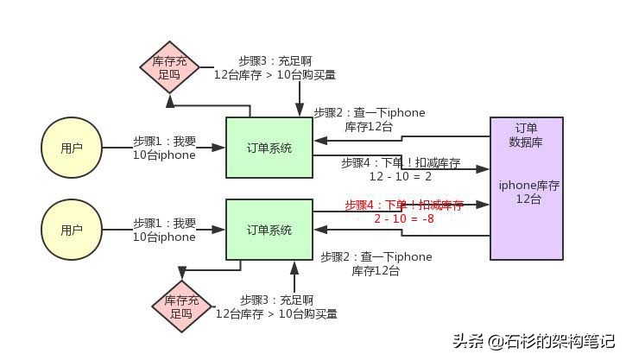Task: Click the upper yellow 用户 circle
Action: (72, 148)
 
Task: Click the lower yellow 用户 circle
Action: (72, 231)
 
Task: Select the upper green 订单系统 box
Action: (269, 148)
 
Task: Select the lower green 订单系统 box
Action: (269, 230)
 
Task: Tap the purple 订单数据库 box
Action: (526, 188)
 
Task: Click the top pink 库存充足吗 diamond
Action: (169, 68)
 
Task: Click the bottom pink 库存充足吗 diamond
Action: (181, 306)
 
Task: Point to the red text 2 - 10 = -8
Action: (403, 219)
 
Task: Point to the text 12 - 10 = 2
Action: (400, 176)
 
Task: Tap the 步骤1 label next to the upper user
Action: (164, 148)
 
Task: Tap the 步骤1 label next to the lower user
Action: (164, 230)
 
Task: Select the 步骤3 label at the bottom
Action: (275, 306)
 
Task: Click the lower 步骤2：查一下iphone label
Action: (376, 263)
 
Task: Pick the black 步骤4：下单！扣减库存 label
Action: (400, 163)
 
